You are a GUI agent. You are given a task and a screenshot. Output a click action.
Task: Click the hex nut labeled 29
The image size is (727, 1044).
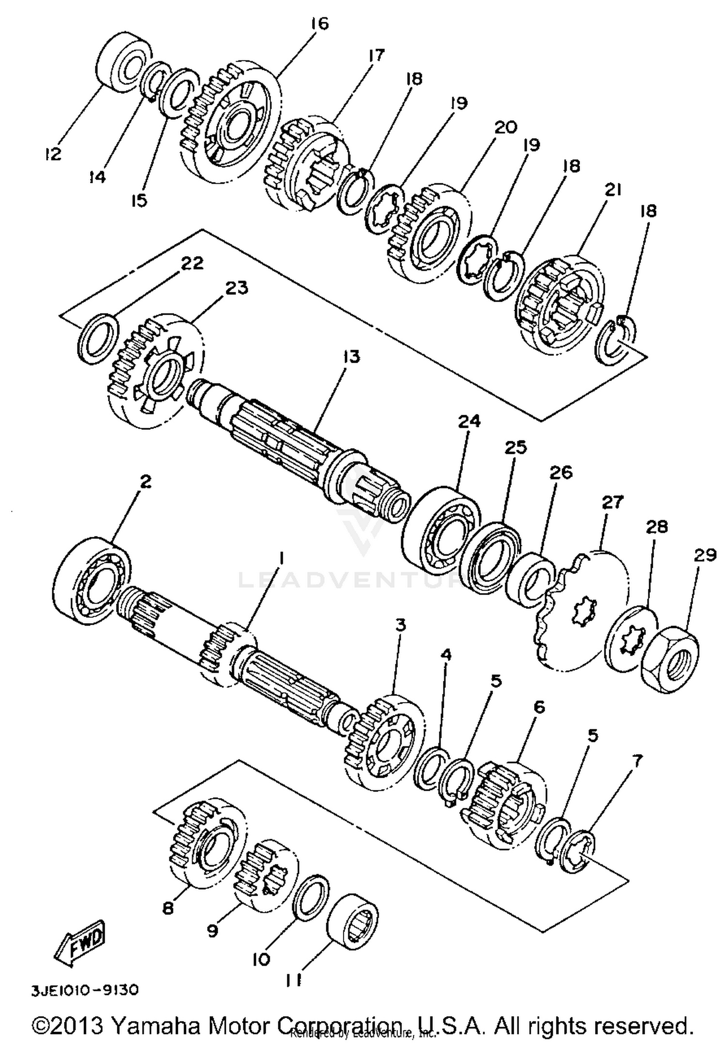671,660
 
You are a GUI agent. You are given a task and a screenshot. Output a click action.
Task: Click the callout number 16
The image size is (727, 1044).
319,23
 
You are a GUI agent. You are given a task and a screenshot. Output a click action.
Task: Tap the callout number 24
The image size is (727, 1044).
469,421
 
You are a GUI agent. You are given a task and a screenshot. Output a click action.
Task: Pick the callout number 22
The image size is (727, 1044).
192,263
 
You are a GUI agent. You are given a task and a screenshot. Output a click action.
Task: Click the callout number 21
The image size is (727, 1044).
613,190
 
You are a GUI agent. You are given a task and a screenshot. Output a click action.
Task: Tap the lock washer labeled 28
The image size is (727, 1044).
632,640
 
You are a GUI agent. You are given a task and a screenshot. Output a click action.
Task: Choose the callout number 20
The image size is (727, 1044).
506,128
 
